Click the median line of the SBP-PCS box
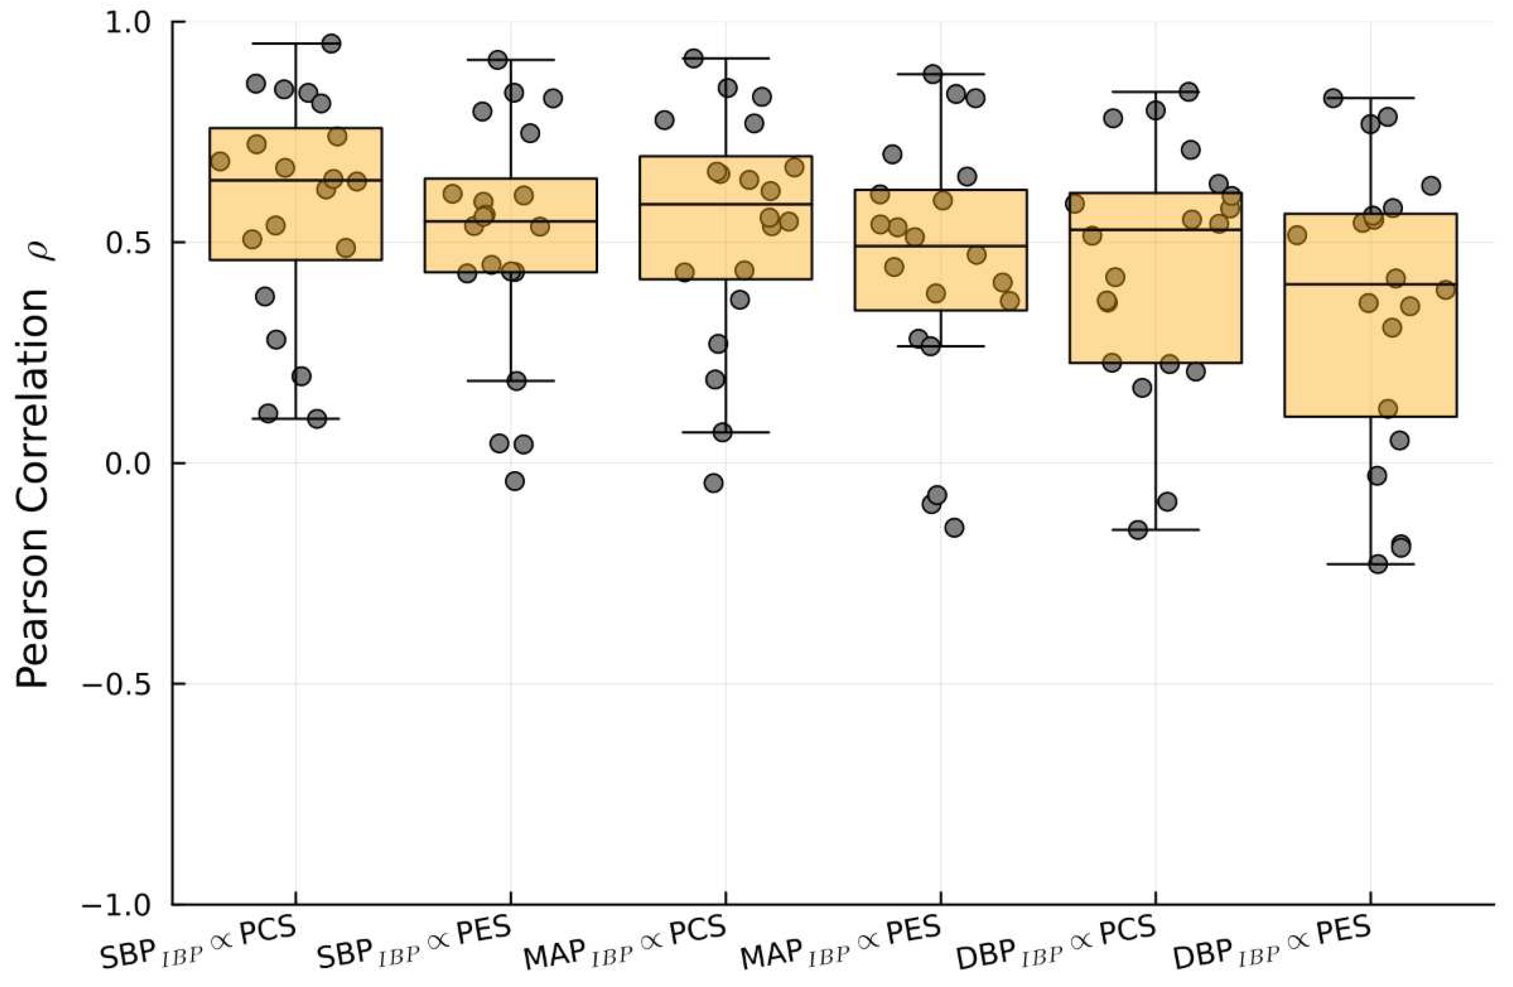pos(295,181)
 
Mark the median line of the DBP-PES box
pos(1370,284)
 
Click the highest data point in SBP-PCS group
pos(331,44)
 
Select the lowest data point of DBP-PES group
pos(1378,564)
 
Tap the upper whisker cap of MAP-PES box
pos(941,74)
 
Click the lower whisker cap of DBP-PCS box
pos(1155,530)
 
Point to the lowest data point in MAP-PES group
pos(954,527)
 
